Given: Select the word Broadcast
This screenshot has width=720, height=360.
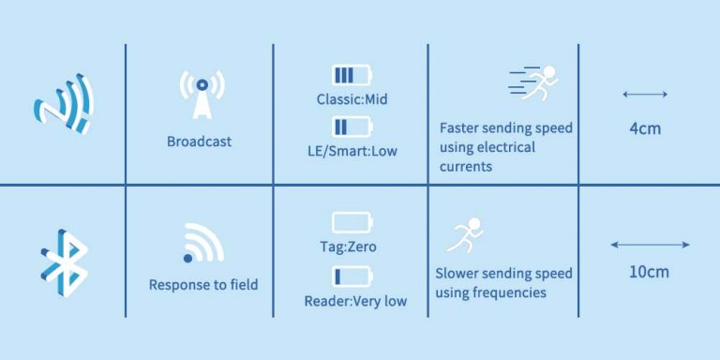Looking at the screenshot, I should click(x=199, y=142).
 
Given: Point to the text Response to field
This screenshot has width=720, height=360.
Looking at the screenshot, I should click(x=203, y=284).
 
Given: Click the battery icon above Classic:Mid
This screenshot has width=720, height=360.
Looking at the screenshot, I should click(x=351, y=75).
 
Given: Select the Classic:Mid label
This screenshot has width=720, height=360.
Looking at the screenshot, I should click(x=352, y=98).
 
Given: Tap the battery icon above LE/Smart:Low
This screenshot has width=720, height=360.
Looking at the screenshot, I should click(x=351, y=127).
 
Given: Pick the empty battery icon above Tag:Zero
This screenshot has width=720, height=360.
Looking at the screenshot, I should click(x=352, y=222).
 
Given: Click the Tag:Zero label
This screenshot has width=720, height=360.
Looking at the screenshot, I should click(x=352, y=247).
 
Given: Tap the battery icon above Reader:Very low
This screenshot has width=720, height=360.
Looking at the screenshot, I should click(x=352, y=277).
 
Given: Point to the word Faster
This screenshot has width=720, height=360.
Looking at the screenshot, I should click(x=461, y=127).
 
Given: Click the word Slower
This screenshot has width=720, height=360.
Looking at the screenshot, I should click(x=459, y=274).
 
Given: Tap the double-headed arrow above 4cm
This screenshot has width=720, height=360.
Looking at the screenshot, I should click(x=644, y=94).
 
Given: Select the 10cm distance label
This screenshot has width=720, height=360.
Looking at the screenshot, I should click(x=649, y=273).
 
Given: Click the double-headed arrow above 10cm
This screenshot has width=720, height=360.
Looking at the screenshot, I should click(x=650, y=245).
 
